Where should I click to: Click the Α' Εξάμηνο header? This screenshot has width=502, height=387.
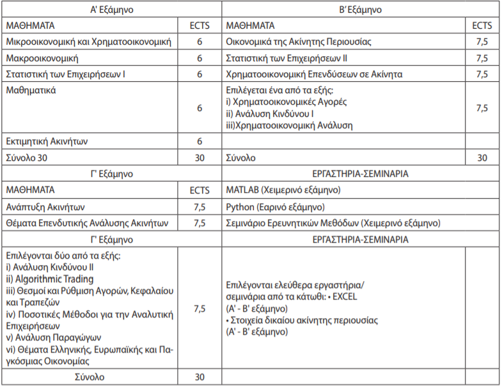pyautogui.click(x=111, y=10)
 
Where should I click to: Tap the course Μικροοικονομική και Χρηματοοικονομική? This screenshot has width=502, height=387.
pyautogui.click(x=88, y=42)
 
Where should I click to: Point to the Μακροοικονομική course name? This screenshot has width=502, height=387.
pyautogui.click(x=42, y=58)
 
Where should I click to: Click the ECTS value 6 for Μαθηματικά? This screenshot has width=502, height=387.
pyautogui.click(x=200, y=109)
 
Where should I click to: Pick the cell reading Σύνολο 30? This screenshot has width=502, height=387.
pyautogui.click(x=26, y=157)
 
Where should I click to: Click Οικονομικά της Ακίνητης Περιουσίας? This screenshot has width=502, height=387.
pyautogui.click(x=299, y=42)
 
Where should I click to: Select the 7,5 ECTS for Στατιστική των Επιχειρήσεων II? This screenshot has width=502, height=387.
pyautogui.click(x=482, y=58)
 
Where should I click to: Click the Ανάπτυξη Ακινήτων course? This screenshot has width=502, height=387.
pyautogui.click(x=45, y=207)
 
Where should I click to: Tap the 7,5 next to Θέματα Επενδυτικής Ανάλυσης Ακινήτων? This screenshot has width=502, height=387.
pyautogui.click(x=200, y=224)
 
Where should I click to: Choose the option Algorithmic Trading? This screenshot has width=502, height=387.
pyautogui.click(x=53, y=279)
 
